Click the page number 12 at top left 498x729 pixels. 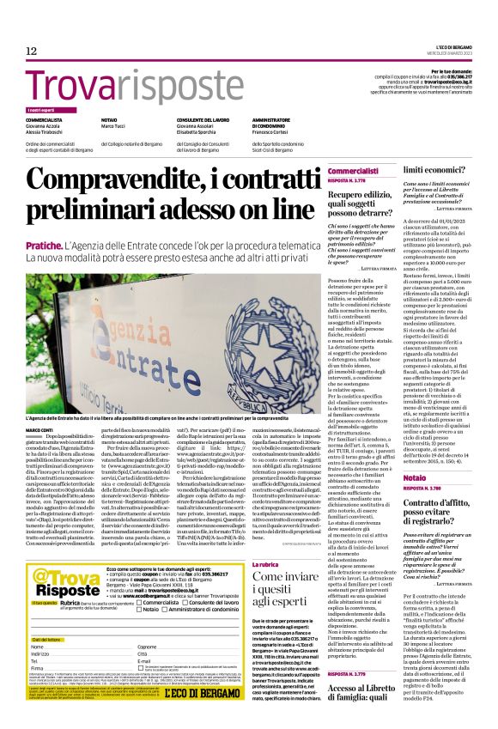pos(32,52)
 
